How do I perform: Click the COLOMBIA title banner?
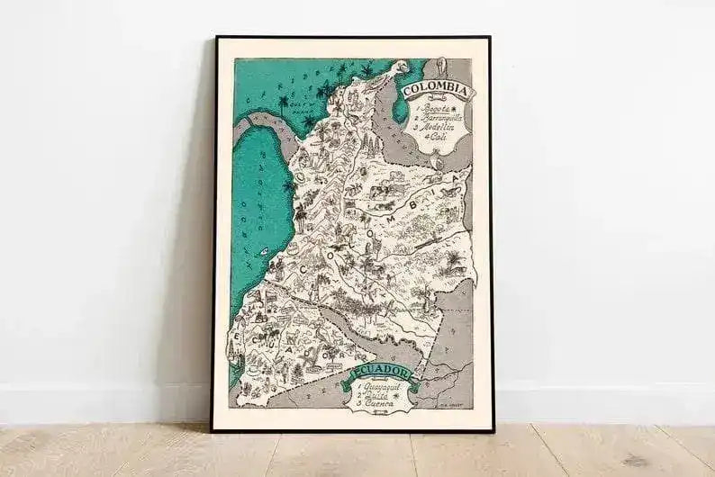(436, 90)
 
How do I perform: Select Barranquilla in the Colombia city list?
(438, 117)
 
